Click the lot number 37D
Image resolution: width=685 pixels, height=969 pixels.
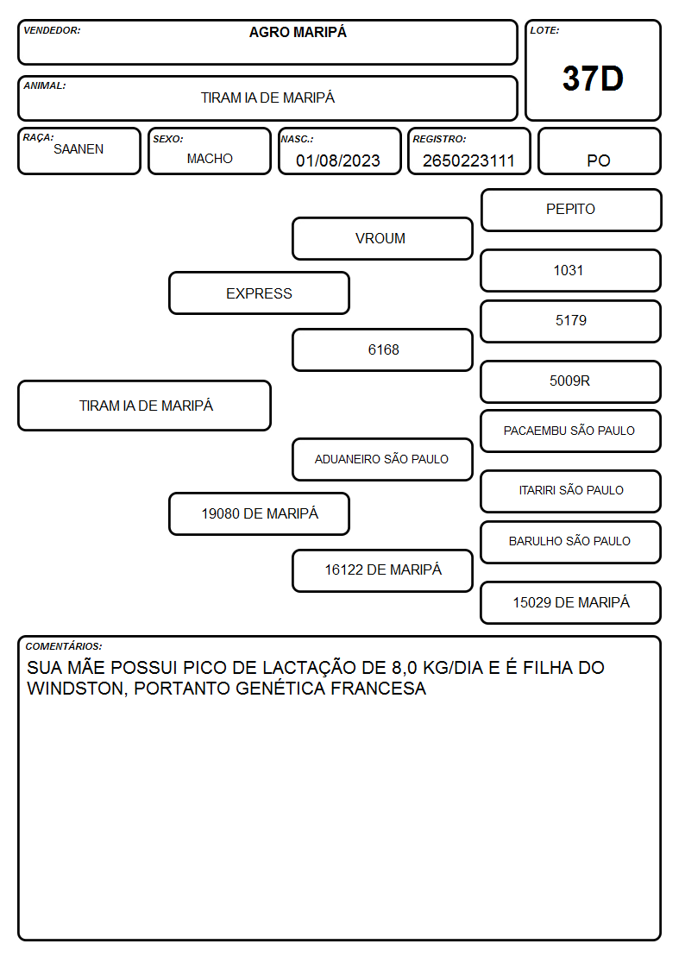(593, 79)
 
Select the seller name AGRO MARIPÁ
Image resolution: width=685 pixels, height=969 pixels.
(298, 32)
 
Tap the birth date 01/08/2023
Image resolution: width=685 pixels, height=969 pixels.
(338, 160)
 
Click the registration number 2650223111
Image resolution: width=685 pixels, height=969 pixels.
(468, 160)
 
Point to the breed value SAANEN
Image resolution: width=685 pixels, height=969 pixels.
(79, 149)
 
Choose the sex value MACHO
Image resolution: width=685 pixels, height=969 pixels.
(210, 159)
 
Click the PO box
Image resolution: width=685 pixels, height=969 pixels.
(599, 151)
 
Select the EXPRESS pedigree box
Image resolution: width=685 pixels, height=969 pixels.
(260, 293)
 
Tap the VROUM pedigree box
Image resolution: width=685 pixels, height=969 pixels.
(382, 238)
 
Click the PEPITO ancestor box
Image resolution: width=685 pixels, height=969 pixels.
(571, 211)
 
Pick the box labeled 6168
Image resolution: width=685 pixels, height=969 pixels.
(382, 349)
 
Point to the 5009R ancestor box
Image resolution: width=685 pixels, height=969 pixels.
(571, 382)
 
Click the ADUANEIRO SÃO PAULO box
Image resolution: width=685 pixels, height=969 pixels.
(382, 459)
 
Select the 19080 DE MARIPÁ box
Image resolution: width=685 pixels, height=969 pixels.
(260, 513)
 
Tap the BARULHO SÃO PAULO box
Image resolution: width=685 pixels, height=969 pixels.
(571, 542)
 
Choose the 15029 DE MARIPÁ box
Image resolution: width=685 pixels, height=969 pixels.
(571, 602)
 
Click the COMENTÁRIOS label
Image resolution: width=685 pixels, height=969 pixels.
(64, 646)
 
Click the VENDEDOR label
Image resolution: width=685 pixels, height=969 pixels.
(52, 30)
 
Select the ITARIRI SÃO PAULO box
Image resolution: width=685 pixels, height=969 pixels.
(571, 491)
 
